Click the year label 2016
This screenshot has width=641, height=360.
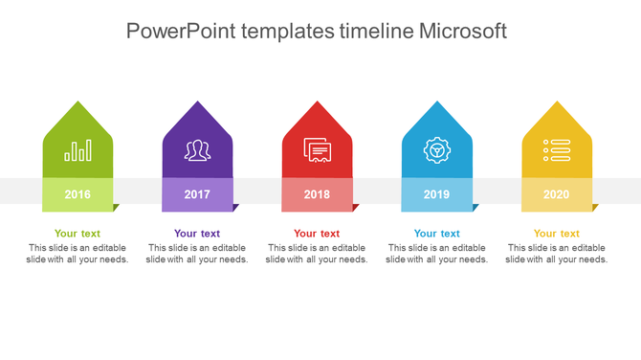point(77,194)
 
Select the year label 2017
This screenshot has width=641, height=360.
point(197,194)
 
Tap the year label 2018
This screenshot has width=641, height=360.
point(317,194)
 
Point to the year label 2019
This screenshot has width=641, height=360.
point(436,194)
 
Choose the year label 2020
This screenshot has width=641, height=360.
point(556,194)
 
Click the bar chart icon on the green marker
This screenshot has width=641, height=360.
point(77,150)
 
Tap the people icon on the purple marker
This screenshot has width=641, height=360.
point(197,150)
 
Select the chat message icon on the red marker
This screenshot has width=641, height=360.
point(317,150)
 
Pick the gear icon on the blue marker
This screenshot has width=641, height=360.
point(436,150)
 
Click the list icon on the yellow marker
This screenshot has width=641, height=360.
point(556,150)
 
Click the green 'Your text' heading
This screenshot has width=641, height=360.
point(77,234)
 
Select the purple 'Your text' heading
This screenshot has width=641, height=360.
point(197,234)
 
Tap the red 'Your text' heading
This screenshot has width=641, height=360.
point(317,234)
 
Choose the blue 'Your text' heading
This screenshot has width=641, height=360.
point(436,234)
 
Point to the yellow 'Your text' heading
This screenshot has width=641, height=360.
point(556,234)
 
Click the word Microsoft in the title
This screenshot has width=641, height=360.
point(463,31)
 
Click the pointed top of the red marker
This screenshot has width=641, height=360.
point(317,107)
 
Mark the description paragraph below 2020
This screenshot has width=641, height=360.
point(556,254)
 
